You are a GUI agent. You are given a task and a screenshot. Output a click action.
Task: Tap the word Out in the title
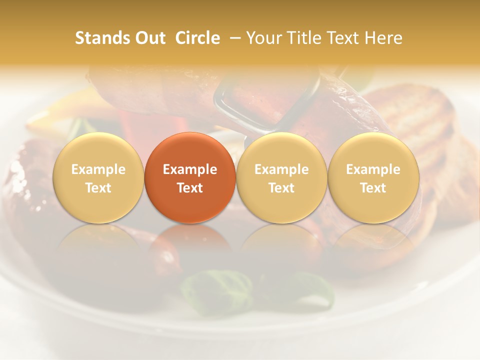tap(149, 38)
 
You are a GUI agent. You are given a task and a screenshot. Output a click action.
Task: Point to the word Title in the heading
tap(303, 38)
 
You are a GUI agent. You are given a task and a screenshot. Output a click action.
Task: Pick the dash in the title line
tap(233, 38)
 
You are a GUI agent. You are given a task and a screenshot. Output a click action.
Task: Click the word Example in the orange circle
tap(190, 169)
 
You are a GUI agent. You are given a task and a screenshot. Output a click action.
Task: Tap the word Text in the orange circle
tap(190, 188)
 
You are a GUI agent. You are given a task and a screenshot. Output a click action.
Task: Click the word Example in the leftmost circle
tap(98, 169)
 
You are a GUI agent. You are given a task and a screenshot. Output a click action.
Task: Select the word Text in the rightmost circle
tap(373, 188)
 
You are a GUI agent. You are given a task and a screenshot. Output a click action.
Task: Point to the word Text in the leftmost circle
tap(98, 188)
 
